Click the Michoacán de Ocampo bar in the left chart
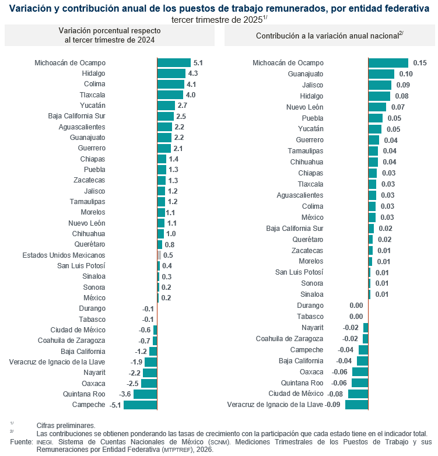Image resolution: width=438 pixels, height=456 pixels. click(x=174, y=62)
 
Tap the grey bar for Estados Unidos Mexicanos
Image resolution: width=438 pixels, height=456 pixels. click(x=159, y=255)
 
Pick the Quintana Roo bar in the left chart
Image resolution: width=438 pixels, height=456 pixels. click(x=145, y=394)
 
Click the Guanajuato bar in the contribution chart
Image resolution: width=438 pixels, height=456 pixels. click(x=381, y=74)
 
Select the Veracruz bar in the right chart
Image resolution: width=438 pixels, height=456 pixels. click(x=356, y=405)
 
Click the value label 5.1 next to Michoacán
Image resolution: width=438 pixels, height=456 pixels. click(x=198, y=62)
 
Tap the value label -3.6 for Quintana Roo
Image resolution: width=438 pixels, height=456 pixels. click(x=124, y=394)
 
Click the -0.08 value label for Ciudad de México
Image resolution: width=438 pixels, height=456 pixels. click(x=335, y=394)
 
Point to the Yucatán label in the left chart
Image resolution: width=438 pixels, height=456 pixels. click(x=92, y=106)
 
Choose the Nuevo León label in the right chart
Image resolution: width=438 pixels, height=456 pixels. click(x=304, y=107)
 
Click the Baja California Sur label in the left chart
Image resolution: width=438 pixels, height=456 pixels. click(x=76, y=116)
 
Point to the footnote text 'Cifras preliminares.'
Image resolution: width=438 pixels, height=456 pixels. click(x=65, y=426)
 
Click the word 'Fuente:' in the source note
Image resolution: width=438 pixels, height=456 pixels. click(x=21, y=443)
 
